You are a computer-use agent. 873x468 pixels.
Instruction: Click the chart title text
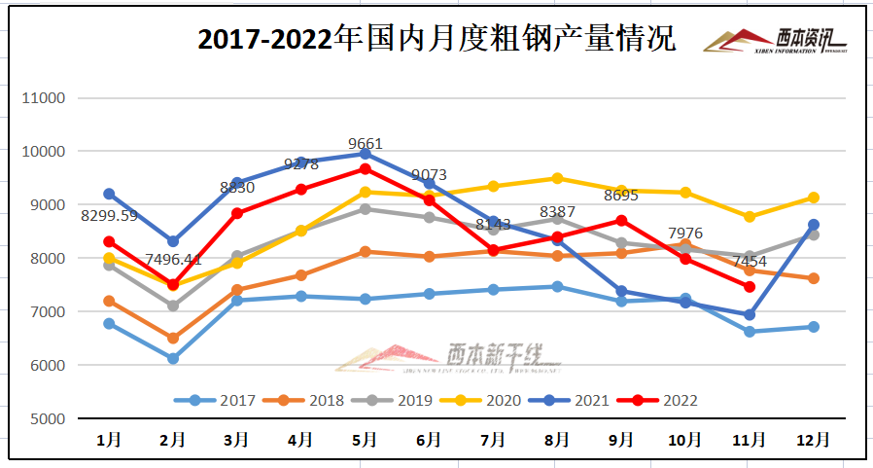point(436,39)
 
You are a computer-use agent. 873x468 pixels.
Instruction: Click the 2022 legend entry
point(665,400)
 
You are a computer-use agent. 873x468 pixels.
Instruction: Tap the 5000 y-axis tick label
point(46,419)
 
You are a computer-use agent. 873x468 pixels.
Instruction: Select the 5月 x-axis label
point(365,440)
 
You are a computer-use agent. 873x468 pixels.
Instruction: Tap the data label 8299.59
point(110,216)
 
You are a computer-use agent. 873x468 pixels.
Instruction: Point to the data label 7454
point(749,262)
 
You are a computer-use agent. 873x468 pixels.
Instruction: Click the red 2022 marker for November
point(750,287)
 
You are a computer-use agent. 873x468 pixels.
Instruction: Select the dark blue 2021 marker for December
point(814,225)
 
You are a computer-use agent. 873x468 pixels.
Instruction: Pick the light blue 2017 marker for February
point(173,359)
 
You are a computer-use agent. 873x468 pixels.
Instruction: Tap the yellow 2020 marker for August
point(557,178)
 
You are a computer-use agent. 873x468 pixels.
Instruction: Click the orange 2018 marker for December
point(814,278)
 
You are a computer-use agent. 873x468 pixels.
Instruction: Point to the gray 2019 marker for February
point(173,306)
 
